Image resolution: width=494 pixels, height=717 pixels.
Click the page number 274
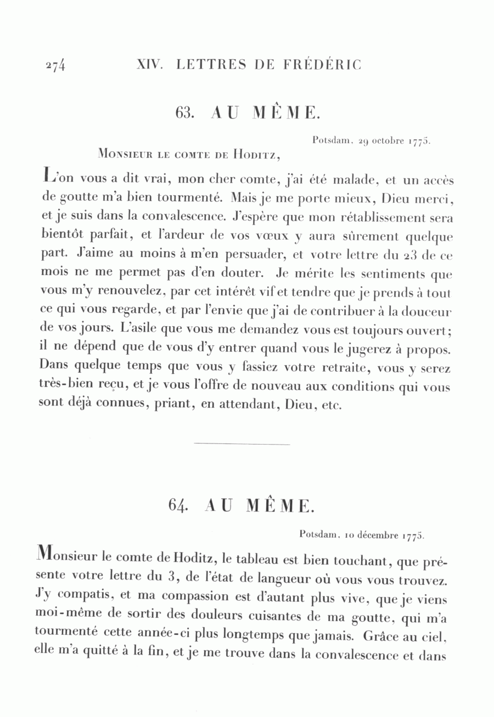55,65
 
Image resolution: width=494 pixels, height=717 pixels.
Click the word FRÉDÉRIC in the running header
323,65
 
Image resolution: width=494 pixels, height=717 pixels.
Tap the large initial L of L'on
49,176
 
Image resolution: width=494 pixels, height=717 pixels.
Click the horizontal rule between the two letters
242,444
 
